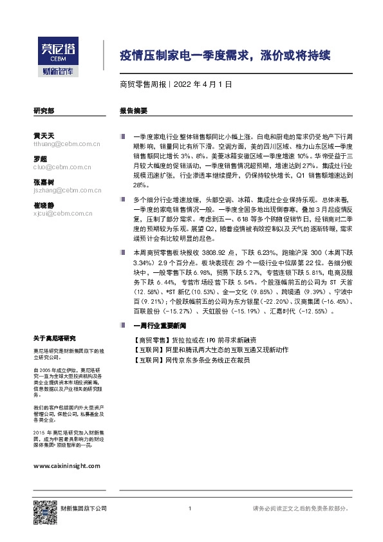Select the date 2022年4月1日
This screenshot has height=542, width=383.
coord(203,84)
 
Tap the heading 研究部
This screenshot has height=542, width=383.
coord(43,111)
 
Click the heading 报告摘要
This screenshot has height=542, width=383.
coord(133,111)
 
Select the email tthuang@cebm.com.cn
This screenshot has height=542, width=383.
coord(67,145)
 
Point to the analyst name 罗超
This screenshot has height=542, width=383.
coord(41,159)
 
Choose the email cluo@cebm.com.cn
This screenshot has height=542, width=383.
coord(63,167)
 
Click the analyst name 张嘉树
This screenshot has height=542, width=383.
coord(44,182)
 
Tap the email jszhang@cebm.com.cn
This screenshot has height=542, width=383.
coord(68,191)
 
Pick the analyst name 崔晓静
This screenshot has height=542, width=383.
coord(44,205)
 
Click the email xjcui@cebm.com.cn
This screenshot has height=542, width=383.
coord(64,213)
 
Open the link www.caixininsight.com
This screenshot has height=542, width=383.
coord(66,464)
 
